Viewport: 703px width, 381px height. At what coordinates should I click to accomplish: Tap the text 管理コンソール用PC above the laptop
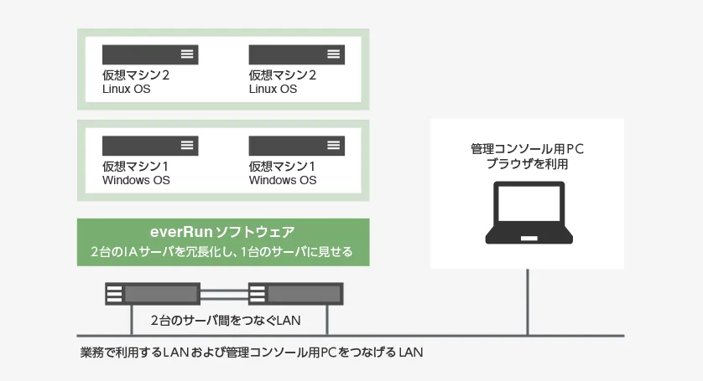[528, 149]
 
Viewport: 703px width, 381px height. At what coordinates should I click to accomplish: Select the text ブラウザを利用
[528, 164]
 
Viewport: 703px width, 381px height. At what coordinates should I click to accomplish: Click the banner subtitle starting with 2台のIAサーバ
[222, 251]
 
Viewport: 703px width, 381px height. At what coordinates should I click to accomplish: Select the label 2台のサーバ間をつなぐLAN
[226, 320]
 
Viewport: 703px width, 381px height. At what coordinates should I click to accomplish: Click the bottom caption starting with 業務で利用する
[251, 353]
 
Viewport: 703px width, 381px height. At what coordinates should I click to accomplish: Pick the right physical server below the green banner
[295, 295]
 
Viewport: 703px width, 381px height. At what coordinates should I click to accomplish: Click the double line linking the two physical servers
[223, 295]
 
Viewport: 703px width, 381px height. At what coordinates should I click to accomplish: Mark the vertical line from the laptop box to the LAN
[528, 301]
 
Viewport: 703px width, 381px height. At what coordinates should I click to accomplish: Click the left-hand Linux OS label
[127, 90]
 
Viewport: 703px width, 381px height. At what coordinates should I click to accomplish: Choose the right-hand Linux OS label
[273, 90]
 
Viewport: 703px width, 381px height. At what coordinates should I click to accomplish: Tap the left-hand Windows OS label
[136, 180]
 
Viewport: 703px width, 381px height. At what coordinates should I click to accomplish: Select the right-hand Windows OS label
[283, 180]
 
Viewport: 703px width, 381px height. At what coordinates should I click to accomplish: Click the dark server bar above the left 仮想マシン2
[150, 54]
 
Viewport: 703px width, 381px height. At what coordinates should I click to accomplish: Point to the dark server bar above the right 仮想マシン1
[296, 145]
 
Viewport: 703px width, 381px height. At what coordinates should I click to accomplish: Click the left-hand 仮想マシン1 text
[136, 166]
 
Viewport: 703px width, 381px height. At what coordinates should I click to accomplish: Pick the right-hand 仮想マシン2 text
[283, 75]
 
